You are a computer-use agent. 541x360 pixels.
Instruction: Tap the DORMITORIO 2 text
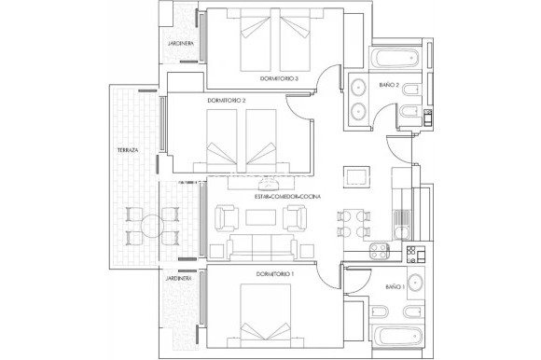point(226,99)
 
